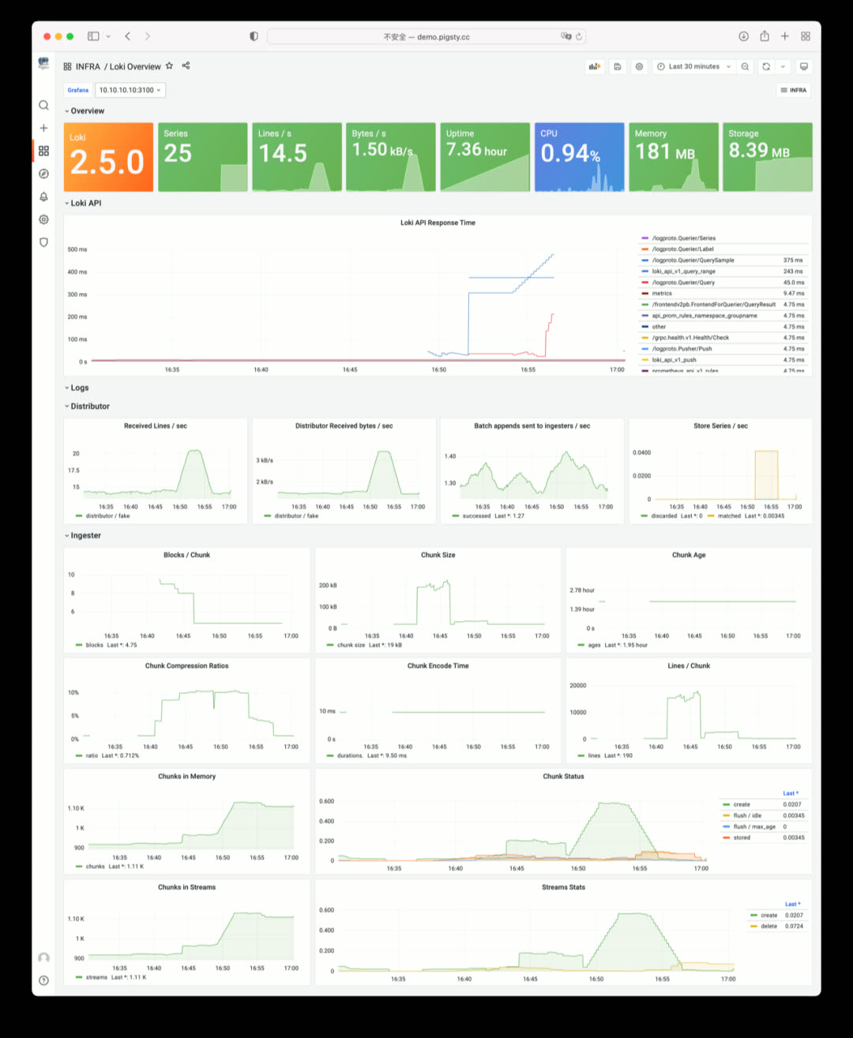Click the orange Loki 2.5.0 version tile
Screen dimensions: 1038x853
[x=107, y=157]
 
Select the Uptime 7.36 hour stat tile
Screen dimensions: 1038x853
[x=484, y=157]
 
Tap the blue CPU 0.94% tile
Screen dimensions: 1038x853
[x=579, y=157]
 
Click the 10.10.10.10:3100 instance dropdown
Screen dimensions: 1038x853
[x=130, y=90]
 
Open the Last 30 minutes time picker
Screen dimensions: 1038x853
[x=693, y=67]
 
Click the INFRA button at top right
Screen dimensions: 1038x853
[x=794, y=90]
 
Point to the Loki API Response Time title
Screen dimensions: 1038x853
[x=438, y=223]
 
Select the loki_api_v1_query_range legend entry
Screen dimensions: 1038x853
[x=684, y=272]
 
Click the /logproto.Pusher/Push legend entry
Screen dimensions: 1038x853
[x=682, y=349]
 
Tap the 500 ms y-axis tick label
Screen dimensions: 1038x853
[x=77, y=249]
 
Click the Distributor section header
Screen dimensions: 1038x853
[x=90, y=407]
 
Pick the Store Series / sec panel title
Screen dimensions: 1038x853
[x=720, y=426]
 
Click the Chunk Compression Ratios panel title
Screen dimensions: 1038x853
[x=186, y=666]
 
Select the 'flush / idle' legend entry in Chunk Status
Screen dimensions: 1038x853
[x=747, y=816]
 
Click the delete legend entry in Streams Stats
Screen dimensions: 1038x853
[x=768, y=927]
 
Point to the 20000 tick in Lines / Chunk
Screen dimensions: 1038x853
[x=578, y=686]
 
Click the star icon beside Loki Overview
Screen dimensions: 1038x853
[x=169, y=66]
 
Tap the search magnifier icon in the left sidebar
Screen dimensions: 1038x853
[x=43, y=105]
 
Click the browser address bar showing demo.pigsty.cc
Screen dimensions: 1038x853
[x=426, y=36]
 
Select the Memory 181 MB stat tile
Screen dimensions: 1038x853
[x=673, y=157]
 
